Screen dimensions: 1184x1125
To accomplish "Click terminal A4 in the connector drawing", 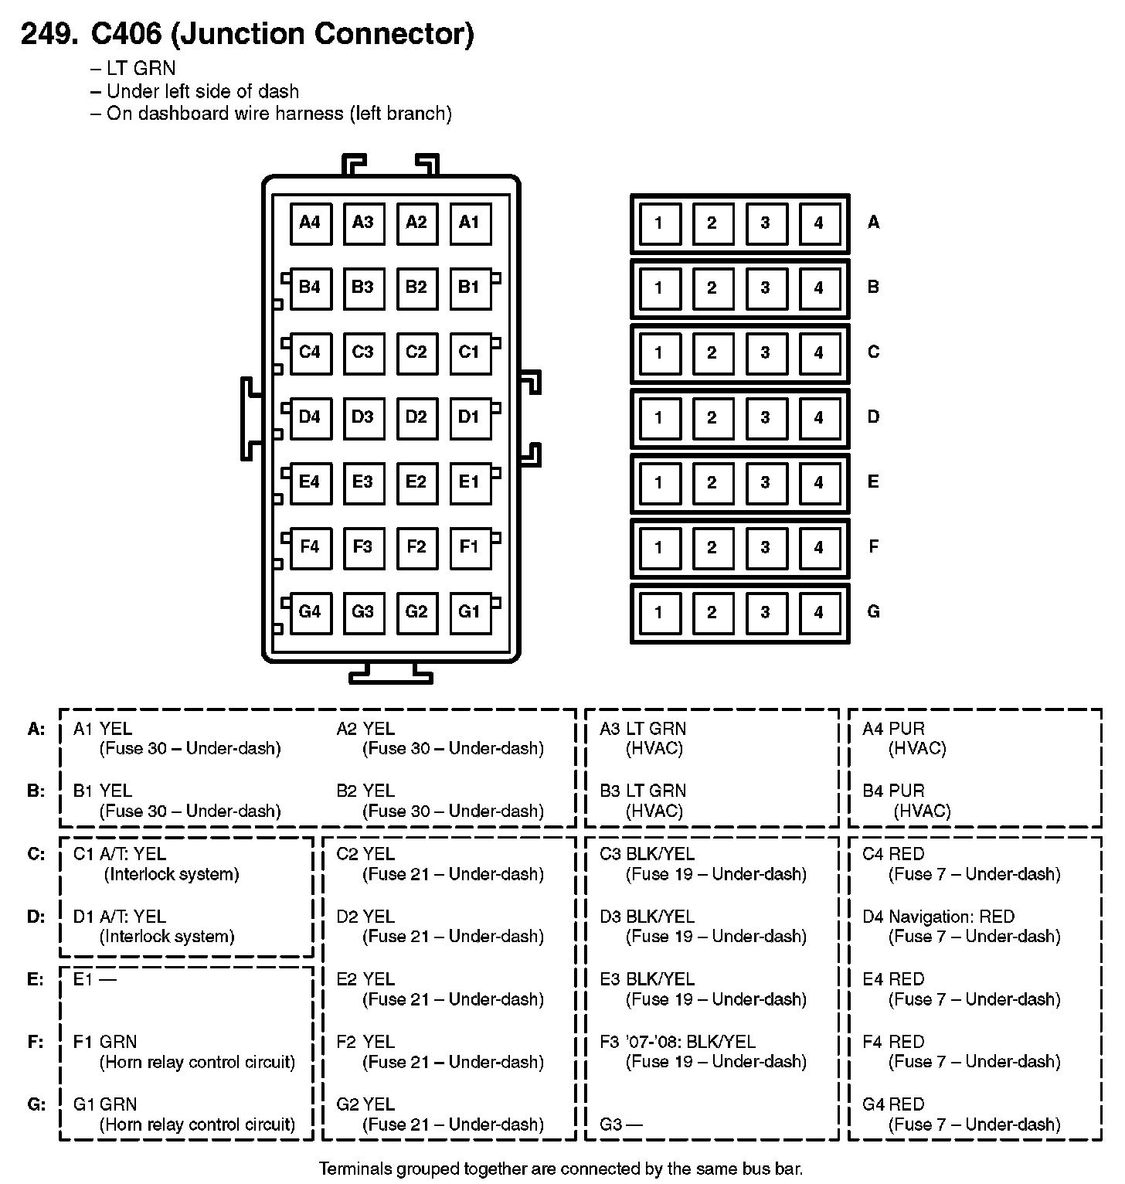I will point(310,223).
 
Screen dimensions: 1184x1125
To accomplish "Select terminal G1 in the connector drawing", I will point(470,613).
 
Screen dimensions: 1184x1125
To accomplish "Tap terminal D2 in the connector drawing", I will point(416,418).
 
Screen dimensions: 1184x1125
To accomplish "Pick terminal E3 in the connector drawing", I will point(363,483).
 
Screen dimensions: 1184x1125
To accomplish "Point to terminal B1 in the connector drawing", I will point(470,288).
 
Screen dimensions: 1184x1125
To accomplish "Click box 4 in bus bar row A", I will point(818,224).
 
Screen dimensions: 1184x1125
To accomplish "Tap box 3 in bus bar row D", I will point(765,419).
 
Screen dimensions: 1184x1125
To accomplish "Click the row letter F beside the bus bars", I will point(874,547).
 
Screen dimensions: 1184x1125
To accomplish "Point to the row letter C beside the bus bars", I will point(874,352).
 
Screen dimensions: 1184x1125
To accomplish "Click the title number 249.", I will point(49,35).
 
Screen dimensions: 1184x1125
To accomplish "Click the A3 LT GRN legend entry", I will point(643,729).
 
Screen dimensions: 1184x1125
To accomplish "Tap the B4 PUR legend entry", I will point(893,791).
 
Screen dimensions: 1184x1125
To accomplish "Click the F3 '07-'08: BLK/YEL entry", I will point(678,1042).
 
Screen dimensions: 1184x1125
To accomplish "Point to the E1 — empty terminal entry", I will point(94,980).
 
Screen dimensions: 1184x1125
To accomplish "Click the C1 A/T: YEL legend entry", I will point(120,855).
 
